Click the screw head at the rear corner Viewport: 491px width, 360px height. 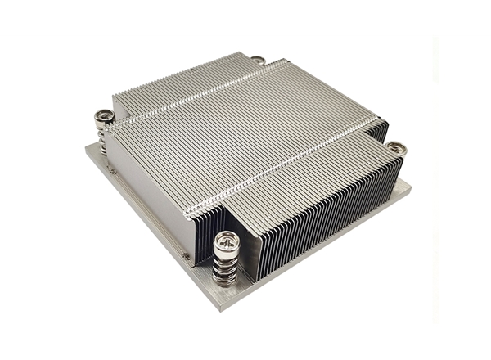click(258, 60)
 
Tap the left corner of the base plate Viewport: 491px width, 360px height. click(85, 147)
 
